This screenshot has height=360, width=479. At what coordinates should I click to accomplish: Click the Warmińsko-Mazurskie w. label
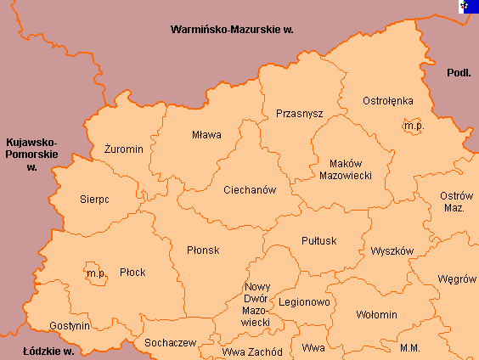[231, 29]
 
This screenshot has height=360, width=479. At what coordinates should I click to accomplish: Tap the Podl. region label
[459, 73]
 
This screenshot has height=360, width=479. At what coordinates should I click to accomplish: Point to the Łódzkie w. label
[49, 350]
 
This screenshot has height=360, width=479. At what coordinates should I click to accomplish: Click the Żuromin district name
[123, 149]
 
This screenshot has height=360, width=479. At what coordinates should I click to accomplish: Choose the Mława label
[206, 134]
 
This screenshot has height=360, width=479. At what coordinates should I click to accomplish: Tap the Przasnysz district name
[299, 113]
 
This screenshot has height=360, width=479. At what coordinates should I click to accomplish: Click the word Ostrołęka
[387, 100]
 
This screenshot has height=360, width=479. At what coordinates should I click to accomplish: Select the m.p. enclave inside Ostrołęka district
[414, 126]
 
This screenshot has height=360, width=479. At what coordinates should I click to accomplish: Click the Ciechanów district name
[250, 190]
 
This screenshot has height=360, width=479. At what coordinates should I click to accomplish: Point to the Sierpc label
[95, 200]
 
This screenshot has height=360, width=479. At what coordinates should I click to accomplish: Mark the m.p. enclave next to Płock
[95, 273]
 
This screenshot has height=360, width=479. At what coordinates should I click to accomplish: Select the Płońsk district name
[203, 250]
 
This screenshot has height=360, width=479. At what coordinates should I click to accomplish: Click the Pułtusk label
[319, 240]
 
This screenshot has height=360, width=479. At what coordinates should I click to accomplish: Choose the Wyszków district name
[392, 251]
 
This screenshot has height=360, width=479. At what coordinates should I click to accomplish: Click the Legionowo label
[304, 301]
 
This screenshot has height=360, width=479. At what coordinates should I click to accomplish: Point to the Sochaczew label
[171, 343]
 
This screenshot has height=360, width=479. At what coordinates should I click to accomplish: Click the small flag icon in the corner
[466, 7]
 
